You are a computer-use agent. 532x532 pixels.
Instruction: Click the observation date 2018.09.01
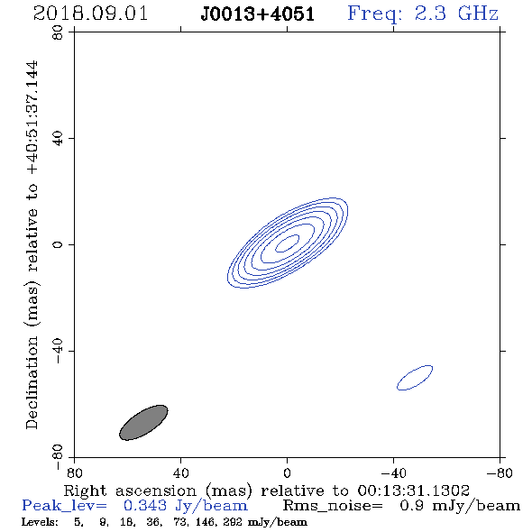click(90, 14)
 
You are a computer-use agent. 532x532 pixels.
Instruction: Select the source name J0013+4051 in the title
click(258, 14)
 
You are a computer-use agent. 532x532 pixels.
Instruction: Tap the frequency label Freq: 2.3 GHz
click(423, 14)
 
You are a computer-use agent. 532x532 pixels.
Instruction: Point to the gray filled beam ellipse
click(143, 422)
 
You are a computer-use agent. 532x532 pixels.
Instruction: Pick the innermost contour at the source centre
click(287, 243)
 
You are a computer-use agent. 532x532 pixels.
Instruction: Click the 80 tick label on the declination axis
click(58, 32)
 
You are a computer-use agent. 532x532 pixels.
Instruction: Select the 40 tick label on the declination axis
click(58, 139)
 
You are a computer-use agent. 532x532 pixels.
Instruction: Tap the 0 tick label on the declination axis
click(58, 244)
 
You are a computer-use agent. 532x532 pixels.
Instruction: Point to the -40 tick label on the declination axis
click(58, 351)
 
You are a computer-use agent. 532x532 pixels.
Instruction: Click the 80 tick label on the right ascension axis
click(74, 472)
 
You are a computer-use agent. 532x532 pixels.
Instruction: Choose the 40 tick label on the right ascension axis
click(181, 472)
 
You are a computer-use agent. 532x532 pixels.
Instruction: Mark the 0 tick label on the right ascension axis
click(287, 472)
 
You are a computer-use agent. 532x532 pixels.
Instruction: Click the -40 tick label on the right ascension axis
click(393, 472)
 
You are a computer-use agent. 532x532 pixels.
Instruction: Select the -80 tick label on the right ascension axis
click(500, 472)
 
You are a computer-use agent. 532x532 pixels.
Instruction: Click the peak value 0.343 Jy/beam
click(186, 506)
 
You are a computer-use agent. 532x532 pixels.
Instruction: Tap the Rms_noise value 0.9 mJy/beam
click(460, 506)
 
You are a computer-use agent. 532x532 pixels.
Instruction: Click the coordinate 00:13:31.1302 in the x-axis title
click(414, 491)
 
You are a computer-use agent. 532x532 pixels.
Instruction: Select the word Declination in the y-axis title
click(32, 382)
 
